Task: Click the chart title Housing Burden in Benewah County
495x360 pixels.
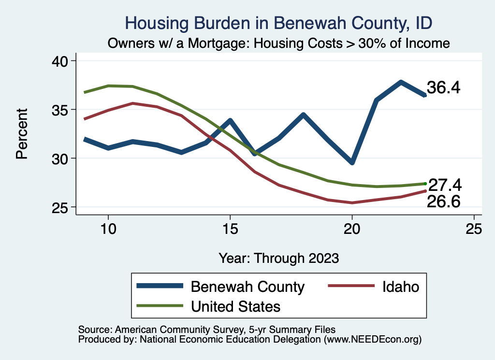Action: (x=278, y=23)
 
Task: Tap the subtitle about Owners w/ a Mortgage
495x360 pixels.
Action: (x=279, y=43)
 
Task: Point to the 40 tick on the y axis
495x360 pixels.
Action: (x=61, y=61)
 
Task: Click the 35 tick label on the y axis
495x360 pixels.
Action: (x=61, y=110)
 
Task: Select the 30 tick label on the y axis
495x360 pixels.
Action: (x=61, y=158)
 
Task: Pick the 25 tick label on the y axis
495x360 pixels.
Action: (x=61, y=207)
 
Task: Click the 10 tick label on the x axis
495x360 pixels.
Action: (x=108, y=229)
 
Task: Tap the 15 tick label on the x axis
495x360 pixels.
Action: (x=230, y=229)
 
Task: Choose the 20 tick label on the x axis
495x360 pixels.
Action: (x=352, y=229)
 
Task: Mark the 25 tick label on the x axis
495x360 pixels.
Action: (x=474, y=229)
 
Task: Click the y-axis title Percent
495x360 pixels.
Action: (x=22, y=134)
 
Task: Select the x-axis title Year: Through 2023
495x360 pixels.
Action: (x=278, y=258)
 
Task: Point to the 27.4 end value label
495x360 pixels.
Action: (x=445, y=185)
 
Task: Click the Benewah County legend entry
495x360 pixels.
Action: (x=247, y=287)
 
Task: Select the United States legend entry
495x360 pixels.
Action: (x=235, y=306)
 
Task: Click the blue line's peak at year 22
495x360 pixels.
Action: (x=401, y=82)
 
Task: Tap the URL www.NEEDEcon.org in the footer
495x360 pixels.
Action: (x=372, y=340)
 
